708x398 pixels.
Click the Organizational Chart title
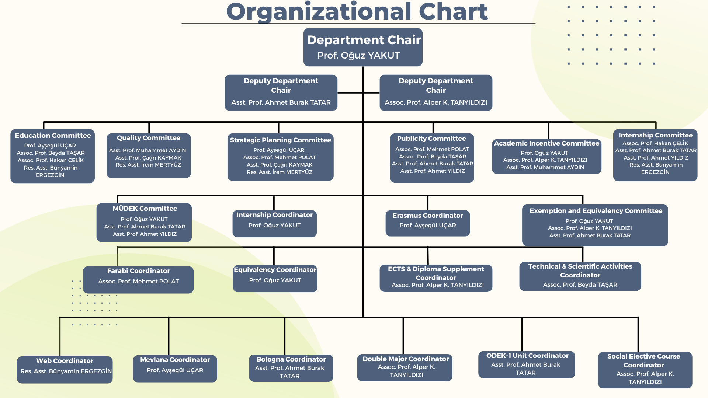(357, 12)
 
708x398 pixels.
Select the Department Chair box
(363, 47)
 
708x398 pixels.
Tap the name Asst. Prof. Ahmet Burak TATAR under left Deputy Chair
(281, 102)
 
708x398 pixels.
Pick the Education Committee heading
(53, 135)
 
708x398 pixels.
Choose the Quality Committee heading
(149, 138)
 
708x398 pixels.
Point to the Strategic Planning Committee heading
(280, 140)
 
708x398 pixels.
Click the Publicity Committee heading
(431, 139)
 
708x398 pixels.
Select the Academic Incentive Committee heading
(546, 143)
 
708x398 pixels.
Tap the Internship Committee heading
(655, 135)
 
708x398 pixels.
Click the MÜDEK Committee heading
(145, 209)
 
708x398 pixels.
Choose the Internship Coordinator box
(274, 223)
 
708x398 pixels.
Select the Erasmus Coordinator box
(428, 223)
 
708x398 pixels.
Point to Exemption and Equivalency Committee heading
(596, 211)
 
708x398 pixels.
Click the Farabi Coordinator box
(138, 280)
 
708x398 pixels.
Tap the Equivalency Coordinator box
(275, 279)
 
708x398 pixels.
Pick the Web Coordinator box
(65, 370)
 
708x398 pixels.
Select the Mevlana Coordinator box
(175, 369)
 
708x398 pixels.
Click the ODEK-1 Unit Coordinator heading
(527, 356)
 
